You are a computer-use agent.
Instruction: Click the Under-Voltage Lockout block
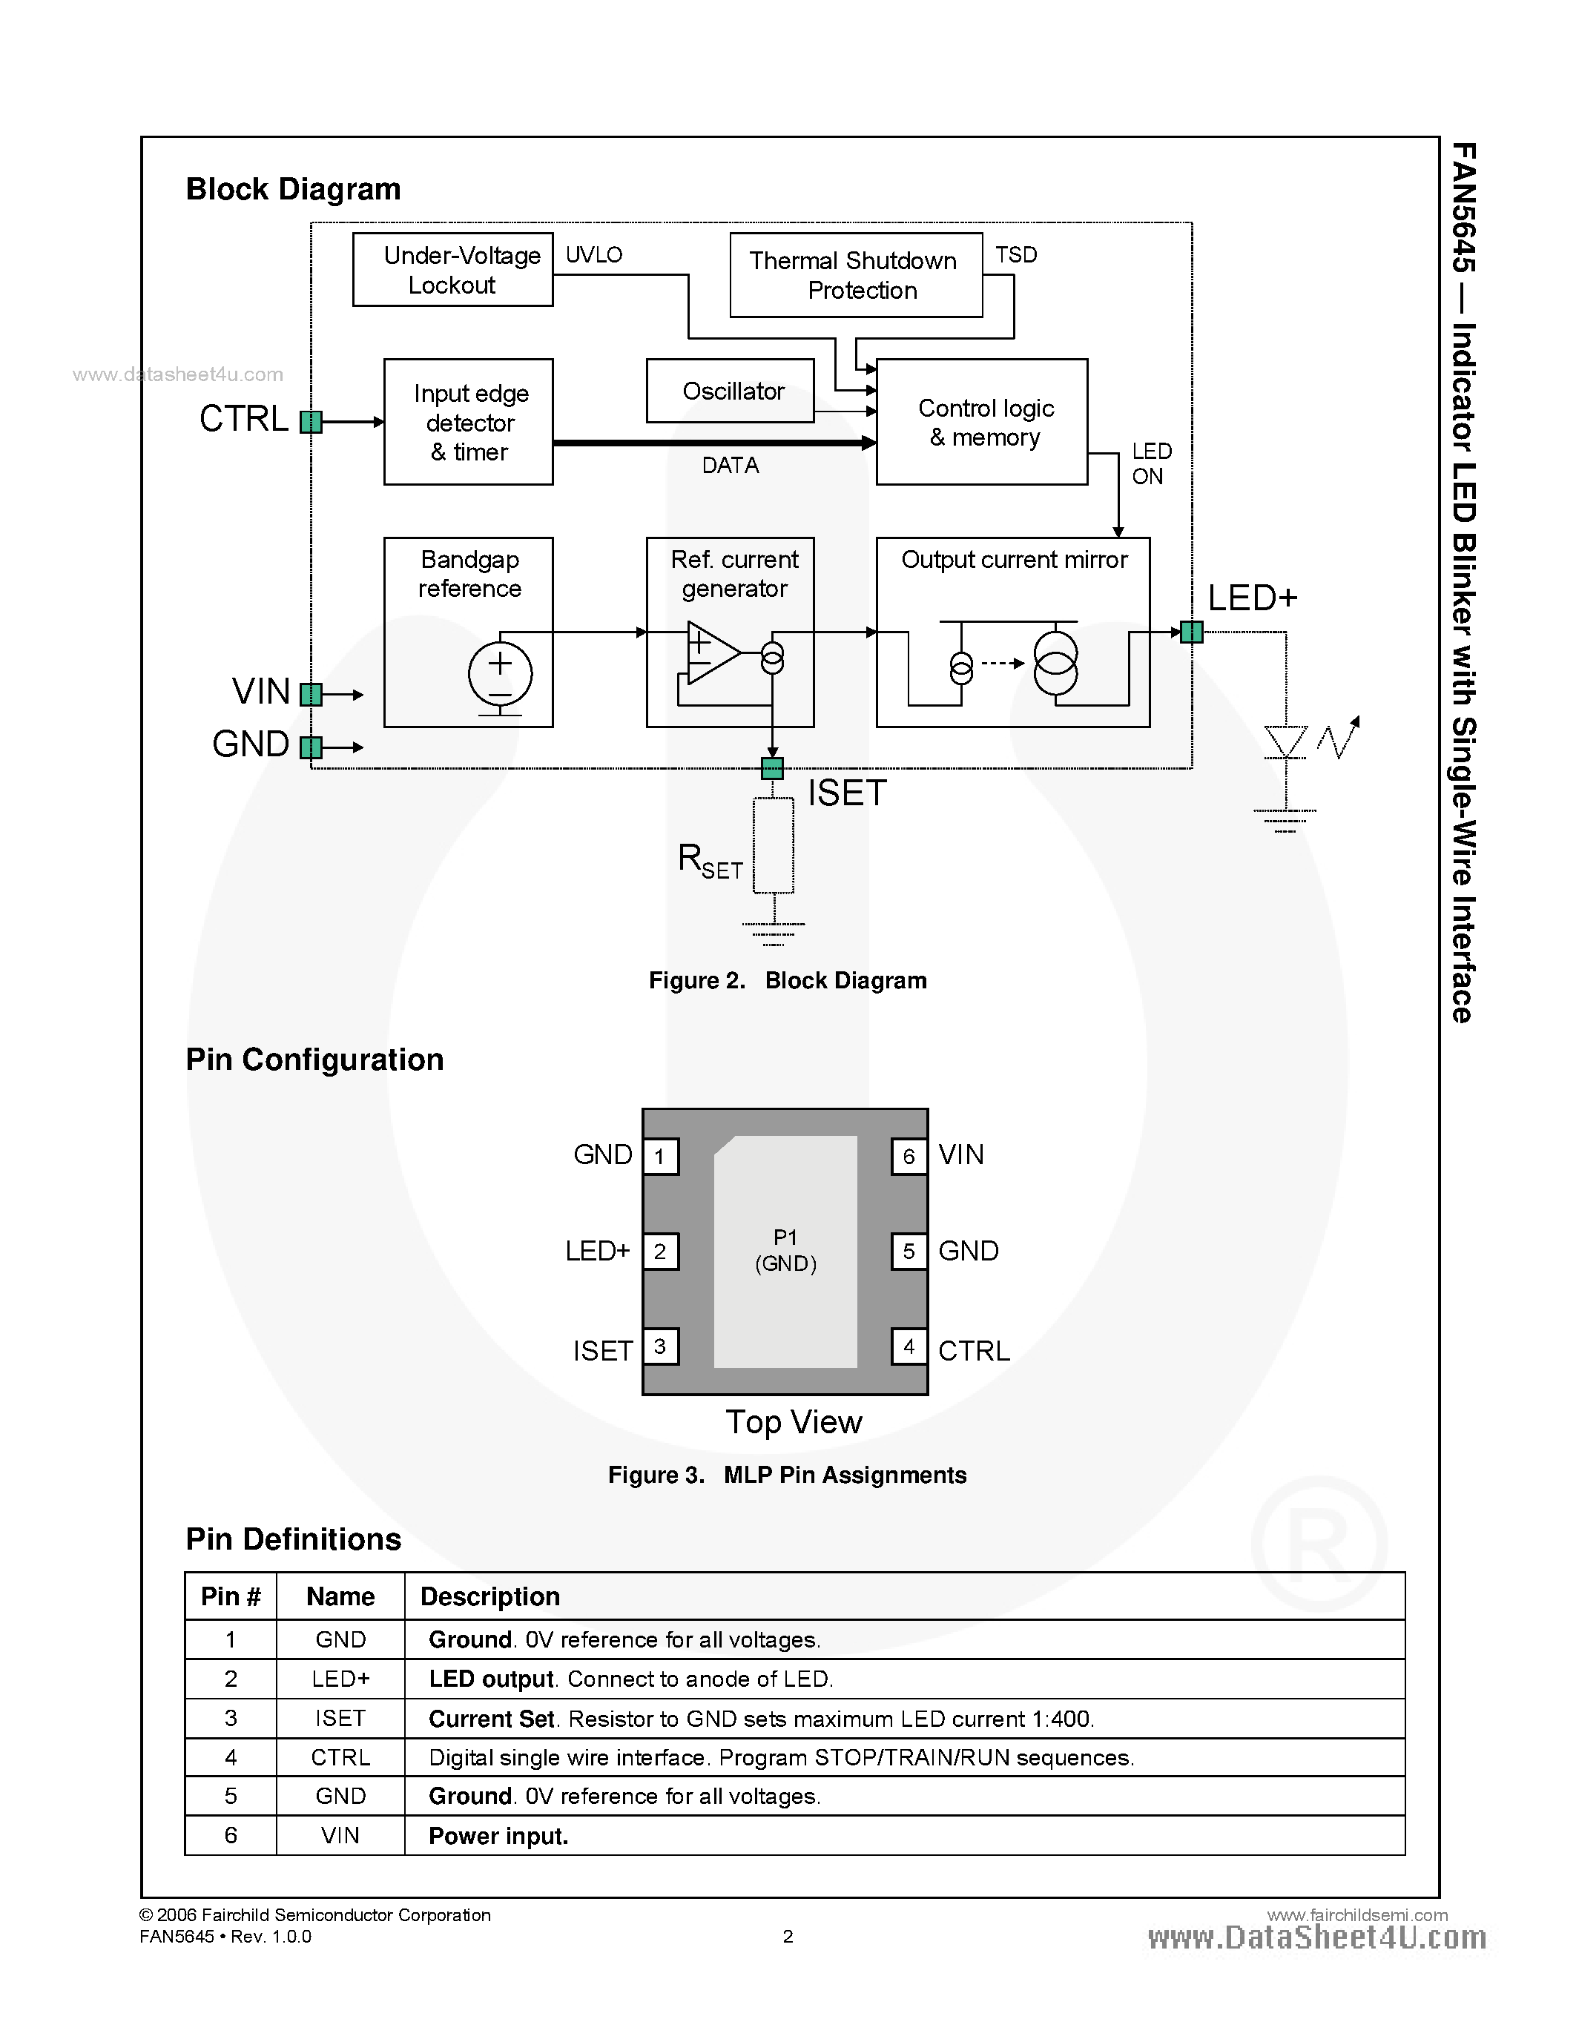pos(453,270)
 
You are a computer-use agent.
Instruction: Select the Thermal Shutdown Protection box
pos(855,275)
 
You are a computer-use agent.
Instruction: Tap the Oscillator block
pos(730,391)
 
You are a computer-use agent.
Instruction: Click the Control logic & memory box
pos(982,422)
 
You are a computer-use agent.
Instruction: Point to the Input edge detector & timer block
pos(469,422)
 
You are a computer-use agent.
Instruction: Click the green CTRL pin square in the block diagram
pos(311,422)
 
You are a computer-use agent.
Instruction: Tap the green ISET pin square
pos(772,768)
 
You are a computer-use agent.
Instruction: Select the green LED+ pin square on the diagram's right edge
pos(1191,632)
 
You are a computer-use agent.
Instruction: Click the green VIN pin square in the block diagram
pos(311,695)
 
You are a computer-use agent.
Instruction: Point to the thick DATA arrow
pos(714,443)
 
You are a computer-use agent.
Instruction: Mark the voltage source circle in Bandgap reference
pos(501,673)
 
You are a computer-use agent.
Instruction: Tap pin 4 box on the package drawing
pos(909,1346)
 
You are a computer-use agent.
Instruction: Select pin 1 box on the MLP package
pos(660,1157)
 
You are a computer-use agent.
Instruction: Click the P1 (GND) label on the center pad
pos(785,1250)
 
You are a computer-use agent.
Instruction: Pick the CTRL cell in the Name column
pos(340,1758)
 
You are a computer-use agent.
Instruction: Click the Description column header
pos(490,1596)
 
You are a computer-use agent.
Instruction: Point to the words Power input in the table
pos(498,1837)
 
